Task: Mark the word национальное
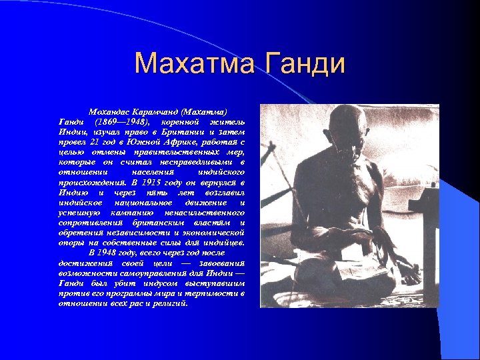(143, 202)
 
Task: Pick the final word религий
(170, 303)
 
